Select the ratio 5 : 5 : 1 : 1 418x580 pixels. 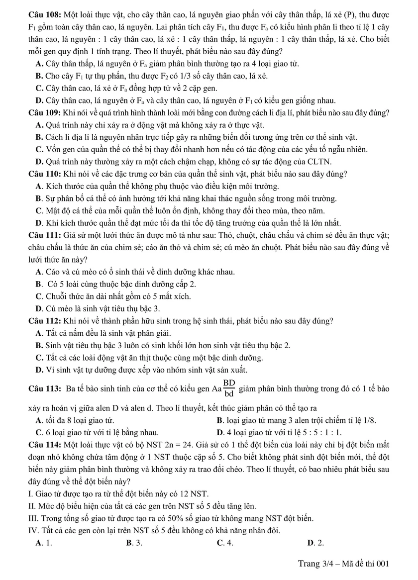point(325,431)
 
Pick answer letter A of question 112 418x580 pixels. point(39,333)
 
